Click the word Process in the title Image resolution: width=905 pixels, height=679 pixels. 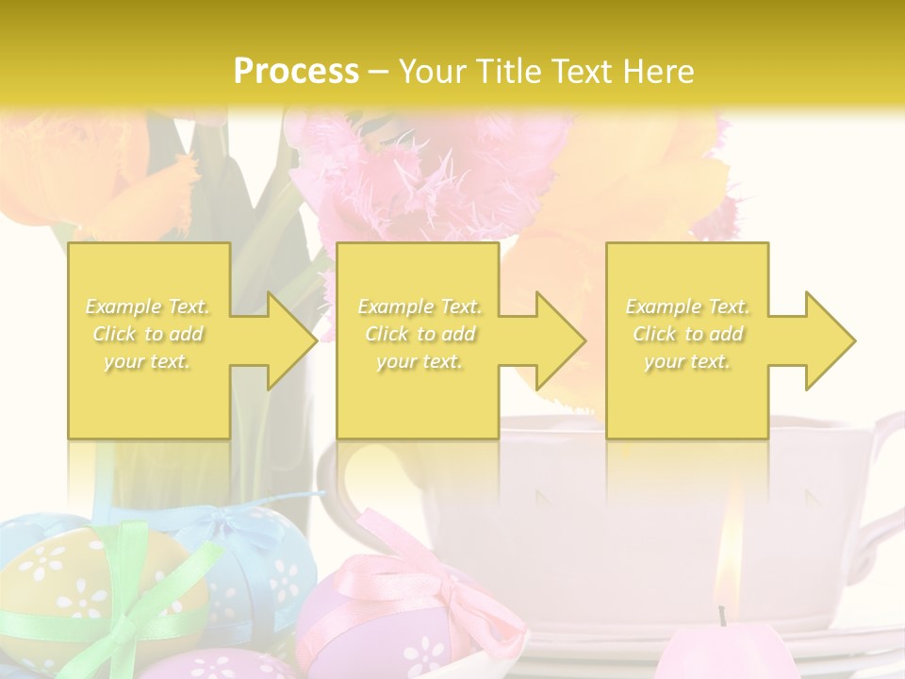(x=296, y=71)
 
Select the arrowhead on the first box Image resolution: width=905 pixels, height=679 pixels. (x=283, y=340)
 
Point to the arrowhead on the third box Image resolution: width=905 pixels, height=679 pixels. (x=821, y=340)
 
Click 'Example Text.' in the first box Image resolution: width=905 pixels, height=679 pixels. (x=148, y=306)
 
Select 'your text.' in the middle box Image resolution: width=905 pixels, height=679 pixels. (x=420, y=361)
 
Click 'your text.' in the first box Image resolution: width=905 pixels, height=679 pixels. (x=148, y=361)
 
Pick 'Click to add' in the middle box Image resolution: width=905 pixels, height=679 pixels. (x=420, y=334)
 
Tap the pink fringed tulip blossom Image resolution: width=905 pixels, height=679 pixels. (x=415, y=179)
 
